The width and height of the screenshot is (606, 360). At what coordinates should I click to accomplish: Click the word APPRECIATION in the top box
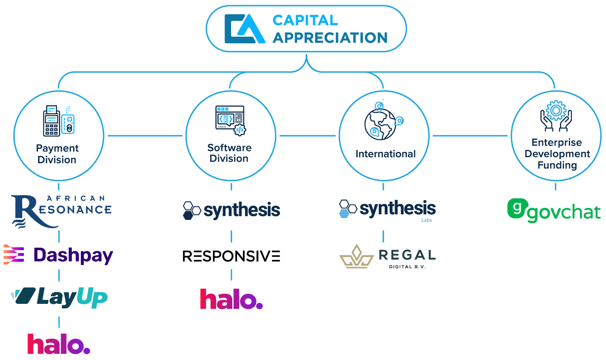pos(330,38)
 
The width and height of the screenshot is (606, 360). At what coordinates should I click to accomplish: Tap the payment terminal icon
pos(59,121)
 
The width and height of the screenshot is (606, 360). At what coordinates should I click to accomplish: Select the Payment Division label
pos(57,154)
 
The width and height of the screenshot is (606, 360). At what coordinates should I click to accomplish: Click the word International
pos(385,154)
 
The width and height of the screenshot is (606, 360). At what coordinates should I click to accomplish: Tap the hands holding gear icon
pos(556,116)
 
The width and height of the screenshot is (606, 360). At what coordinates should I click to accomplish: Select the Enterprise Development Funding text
pos(557,154)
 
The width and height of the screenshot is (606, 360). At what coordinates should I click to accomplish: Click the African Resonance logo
pos(61,211)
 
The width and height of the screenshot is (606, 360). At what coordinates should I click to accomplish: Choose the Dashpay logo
pos(58,255)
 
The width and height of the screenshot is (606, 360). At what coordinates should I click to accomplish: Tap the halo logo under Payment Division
pos(58,344)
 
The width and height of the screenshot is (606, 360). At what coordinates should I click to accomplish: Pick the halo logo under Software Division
pos(231,299)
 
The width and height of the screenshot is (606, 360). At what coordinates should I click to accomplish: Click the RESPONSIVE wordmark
pos(231,256)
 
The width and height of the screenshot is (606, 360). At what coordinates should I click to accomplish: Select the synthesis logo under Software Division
pos(231,210)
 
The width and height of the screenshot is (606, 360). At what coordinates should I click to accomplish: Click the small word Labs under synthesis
pos(427,220)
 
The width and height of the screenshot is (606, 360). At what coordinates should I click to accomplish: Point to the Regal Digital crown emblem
pos(356,257)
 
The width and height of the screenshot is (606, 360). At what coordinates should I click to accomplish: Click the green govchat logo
pos(554,210)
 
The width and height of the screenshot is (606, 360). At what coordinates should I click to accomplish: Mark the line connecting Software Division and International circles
pos(307,136)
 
